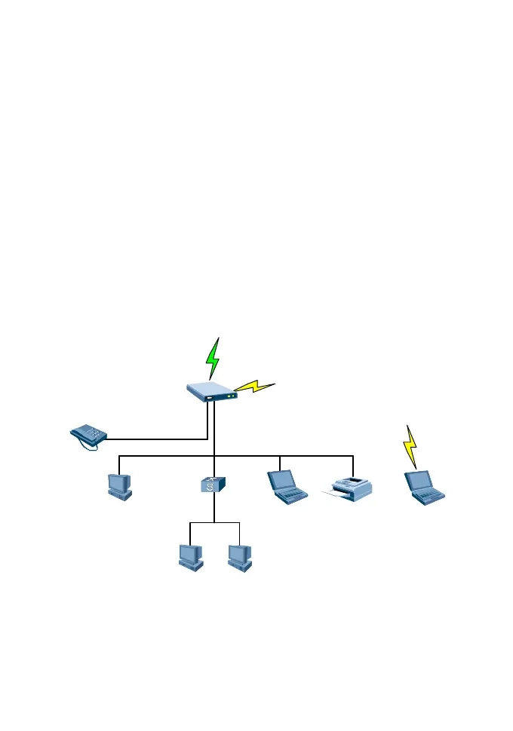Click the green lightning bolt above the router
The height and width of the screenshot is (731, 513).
coord(214,359)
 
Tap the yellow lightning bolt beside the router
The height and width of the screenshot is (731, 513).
coord(254,387)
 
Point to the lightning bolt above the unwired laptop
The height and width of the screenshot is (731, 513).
coord(410,446)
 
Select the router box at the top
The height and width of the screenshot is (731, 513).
coord(212,390)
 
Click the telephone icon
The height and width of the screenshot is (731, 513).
coord(88,436)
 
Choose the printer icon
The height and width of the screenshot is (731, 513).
coord(349,489)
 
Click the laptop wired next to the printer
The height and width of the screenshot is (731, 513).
coord(287,486)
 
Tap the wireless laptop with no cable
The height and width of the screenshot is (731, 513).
coord(424,487)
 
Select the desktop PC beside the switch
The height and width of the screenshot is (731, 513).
coord(120,485)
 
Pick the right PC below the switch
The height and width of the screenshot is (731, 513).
coord(240,557)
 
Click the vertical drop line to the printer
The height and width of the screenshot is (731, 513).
coord(353,466)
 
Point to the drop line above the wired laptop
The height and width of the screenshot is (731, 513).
coord(280,463)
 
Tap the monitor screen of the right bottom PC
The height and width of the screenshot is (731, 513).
coord(238,552)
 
